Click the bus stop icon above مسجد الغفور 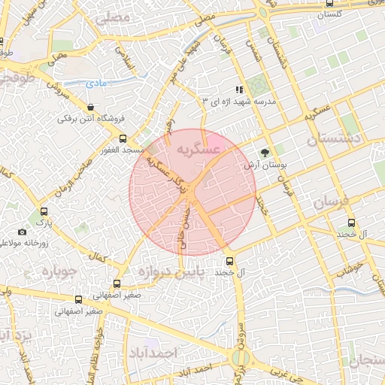[x=123, y=138]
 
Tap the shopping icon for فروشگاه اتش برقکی [x=91, y=107]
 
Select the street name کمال [x=97, y=258]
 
